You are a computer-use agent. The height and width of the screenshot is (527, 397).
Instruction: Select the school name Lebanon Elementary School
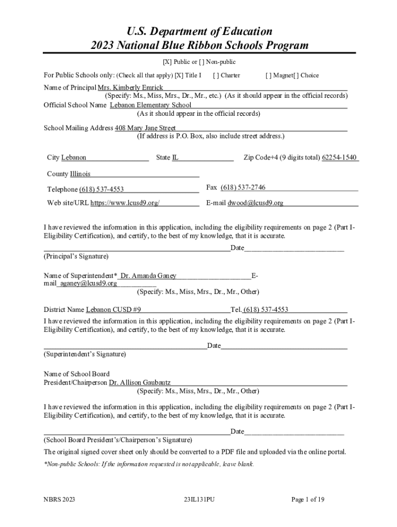tap(151, 105)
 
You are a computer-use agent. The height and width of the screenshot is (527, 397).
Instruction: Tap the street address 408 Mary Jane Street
tap(145, 128)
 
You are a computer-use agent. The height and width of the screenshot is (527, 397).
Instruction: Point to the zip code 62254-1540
tap(339, 157)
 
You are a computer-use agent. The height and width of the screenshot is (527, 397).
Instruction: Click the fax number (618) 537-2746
tap(243, 187)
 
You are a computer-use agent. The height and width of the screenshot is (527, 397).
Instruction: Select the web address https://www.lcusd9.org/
tap(125, 203)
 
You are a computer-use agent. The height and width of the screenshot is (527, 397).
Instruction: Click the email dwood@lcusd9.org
tap(256, 203)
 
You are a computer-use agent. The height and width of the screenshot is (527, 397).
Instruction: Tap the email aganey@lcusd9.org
tap(88, 284)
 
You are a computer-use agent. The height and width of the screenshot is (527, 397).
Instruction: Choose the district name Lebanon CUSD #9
tap(113, 310)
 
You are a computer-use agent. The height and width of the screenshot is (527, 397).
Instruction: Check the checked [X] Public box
tap(167, 62)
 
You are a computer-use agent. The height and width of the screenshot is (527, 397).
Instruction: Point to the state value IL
tap(175, 157)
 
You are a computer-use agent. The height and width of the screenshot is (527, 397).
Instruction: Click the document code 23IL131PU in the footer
tap(198, 499)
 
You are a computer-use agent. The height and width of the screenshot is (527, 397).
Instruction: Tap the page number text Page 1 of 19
tap(308, 499)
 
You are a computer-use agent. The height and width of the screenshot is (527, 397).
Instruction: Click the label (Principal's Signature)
tap(76, 256)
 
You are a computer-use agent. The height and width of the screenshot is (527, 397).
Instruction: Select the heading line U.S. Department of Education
tap(199, 31)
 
